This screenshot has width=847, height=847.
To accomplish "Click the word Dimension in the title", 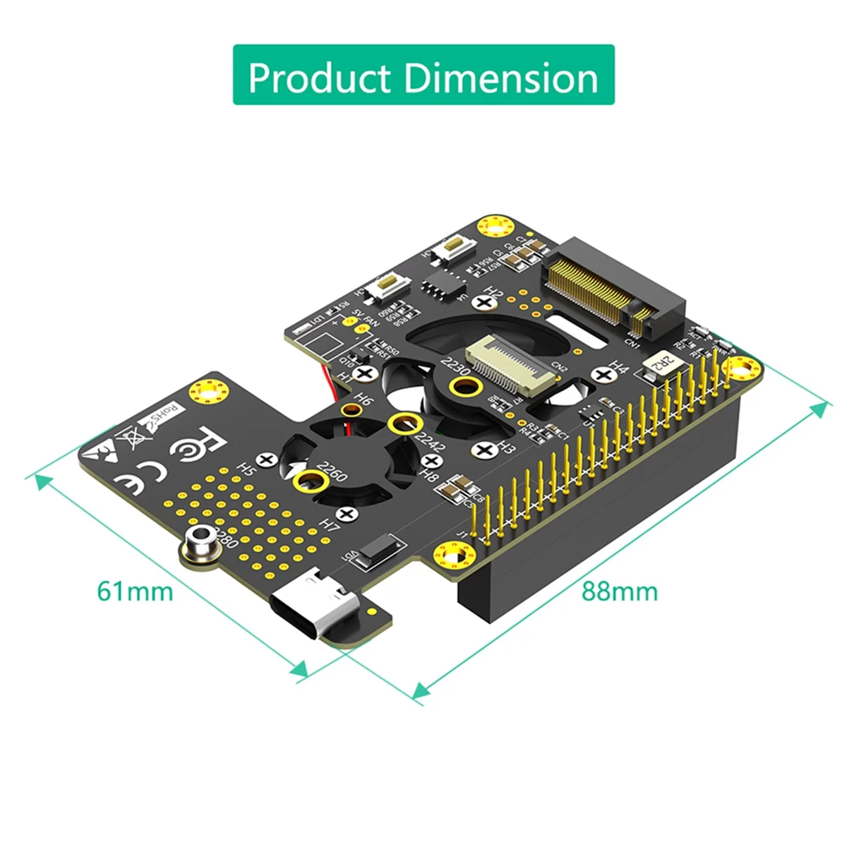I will [x=501, y=78].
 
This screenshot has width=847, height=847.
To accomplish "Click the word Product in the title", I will [x=320, y=78].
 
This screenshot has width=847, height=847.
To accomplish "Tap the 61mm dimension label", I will [x=135, y=590].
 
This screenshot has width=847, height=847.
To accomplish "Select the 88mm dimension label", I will [x=619, y=591].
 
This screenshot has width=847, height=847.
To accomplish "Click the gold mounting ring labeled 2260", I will [x=309, y=482].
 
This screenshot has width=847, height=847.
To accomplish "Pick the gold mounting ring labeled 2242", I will [x=402, y=424].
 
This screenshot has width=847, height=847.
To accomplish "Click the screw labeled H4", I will [x=601, y=374].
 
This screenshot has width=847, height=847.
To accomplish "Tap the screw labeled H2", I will [x=485, y=303].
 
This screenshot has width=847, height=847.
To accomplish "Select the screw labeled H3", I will [x=484, y=450].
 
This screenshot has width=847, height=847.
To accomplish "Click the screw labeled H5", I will [x=267, y=459].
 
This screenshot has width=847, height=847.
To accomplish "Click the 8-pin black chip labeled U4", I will [x=444, y=289].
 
